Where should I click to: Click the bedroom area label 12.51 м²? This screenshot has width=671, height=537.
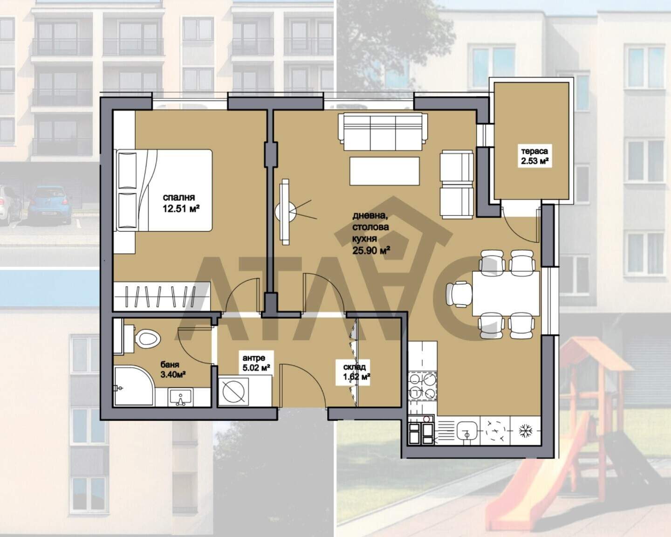coord(181,208)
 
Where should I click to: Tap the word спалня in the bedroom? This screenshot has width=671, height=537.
coord(179,197)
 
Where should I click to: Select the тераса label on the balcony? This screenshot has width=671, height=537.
coord(535,151)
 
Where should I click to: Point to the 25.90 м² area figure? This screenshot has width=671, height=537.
coord(371,250)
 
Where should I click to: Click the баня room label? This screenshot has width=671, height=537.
coord(170,365)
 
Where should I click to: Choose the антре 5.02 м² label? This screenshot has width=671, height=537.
coord(256,362)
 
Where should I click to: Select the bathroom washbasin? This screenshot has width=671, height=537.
coord(180,397)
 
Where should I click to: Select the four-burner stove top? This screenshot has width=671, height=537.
coord(422,386)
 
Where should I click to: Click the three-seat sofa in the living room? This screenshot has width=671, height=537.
coord(383,131)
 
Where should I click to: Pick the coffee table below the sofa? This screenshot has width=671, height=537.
coord(384,171)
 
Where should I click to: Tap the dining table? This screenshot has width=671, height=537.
coord(506,294)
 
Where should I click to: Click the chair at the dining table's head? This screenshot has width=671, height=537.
coord(459,294)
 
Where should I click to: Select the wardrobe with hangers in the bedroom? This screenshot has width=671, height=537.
coord(162,296)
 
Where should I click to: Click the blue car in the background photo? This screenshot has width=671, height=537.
coord(49,204)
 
